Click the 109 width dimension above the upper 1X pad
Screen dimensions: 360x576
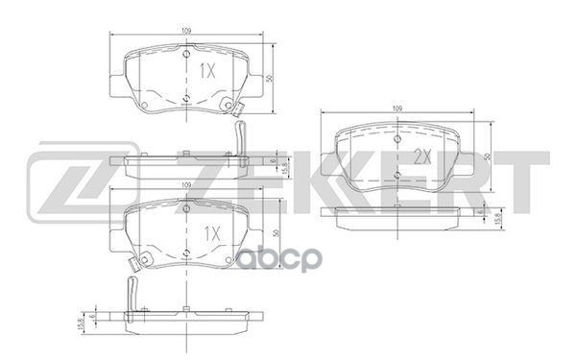[185, 32]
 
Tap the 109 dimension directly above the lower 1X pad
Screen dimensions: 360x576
[185, 184]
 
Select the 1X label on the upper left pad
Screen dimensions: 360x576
[207, 71]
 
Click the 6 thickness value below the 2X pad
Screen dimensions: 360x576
[481, 213]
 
